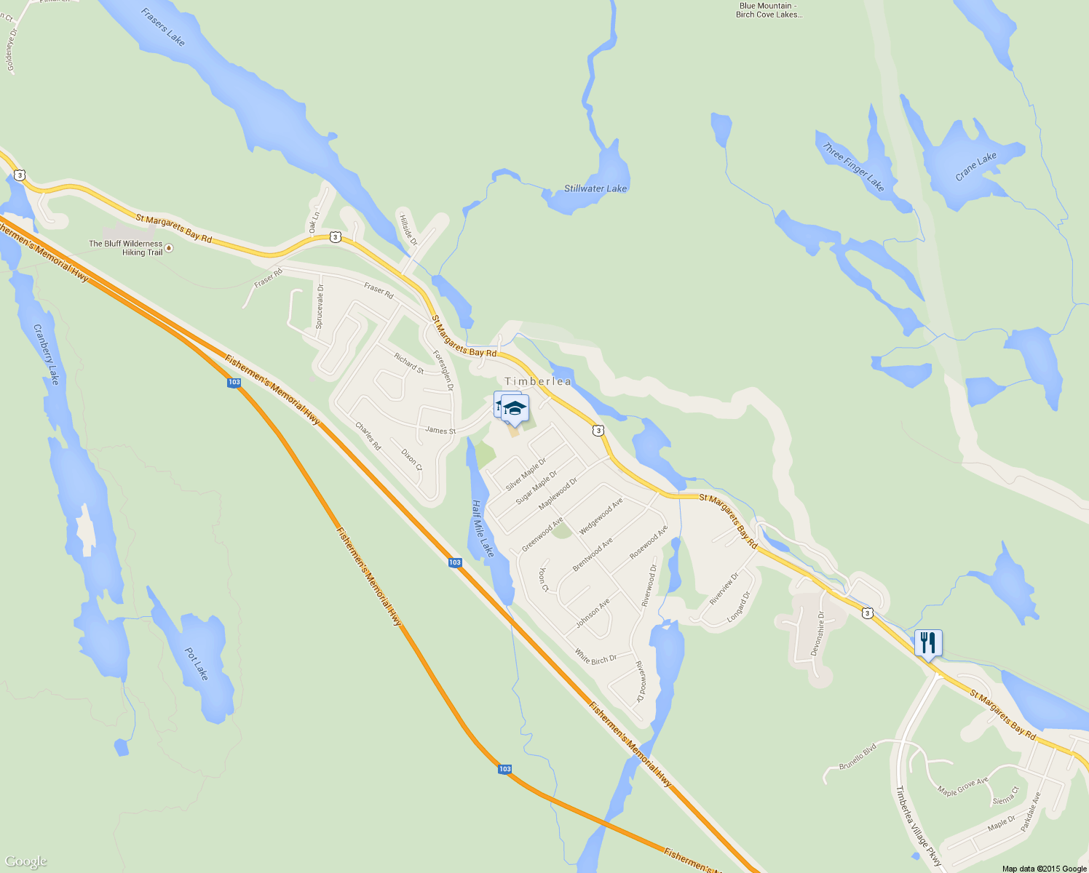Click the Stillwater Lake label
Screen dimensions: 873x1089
point(595,188)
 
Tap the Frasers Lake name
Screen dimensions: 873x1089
point(163,27)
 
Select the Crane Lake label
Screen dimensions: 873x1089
point(975,167)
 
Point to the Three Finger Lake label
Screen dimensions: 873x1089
point(853,167)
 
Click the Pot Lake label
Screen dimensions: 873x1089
point(197,663)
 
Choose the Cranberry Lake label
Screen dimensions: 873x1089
point(46,354)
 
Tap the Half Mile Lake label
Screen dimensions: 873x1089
point(482,529)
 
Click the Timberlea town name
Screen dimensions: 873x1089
point(538,382)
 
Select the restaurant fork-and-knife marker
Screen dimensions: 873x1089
point(927,643)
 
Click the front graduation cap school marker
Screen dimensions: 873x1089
point(515,409)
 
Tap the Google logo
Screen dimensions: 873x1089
point(25,862)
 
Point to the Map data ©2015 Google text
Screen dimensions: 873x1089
point(1044,869)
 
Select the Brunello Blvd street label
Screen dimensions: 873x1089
point(858,756)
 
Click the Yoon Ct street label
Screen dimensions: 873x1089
point(543,580)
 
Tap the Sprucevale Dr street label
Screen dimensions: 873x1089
point(320,306)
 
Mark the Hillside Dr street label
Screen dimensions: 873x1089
point(408,228)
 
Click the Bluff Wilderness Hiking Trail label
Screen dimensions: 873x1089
point(127,248)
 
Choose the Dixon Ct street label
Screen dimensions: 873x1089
point(411,459)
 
